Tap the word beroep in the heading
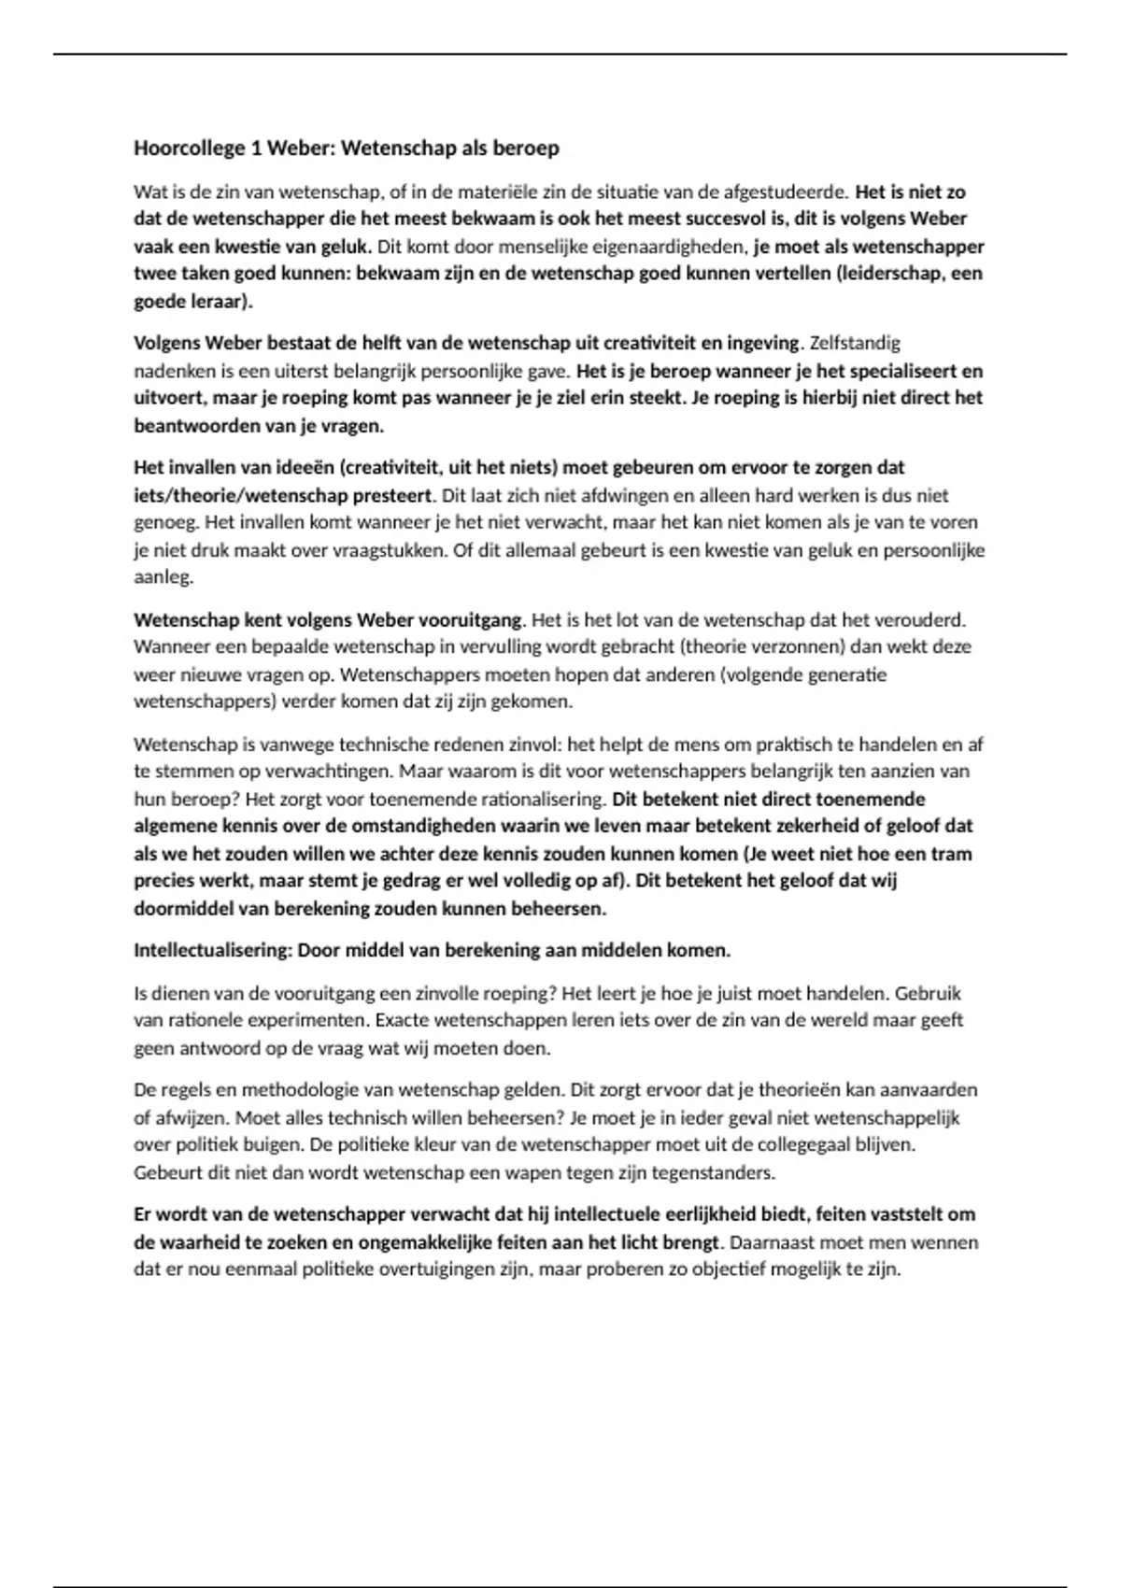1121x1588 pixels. (x=527, y=149)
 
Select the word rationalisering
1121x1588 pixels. (x=546, y=800)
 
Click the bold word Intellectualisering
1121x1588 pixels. (x=212, y=951)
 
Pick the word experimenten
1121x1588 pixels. (x=318, y=1020)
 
